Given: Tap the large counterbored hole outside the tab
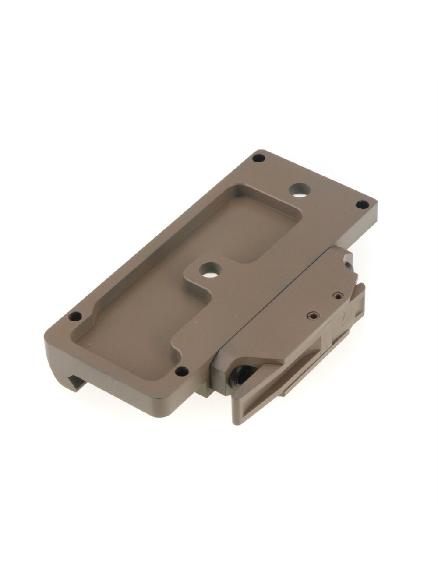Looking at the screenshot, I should (x=300, y=190).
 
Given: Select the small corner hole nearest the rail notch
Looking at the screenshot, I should (x=75, y=316).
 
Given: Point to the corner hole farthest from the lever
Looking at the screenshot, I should (x=259, y=158).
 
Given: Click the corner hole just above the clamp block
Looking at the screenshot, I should (x=362, y=204).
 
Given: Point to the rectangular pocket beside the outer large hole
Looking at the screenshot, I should (x=258, y=221).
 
